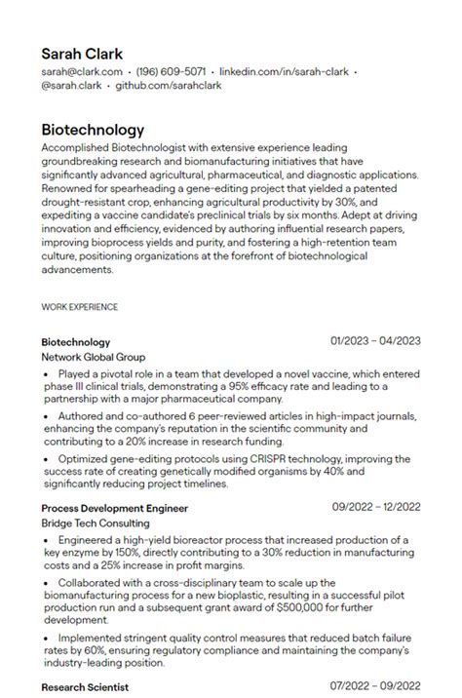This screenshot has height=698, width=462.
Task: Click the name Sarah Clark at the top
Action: pos(82,53)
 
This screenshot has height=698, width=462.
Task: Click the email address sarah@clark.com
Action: pos(82,72)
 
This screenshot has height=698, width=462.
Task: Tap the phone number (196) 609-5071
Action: pos(171,72)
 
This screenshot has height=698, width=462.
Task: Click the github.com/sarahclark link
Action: pos(169,86)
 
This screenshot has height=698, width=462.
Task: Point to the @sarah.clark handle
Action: pos(71,86)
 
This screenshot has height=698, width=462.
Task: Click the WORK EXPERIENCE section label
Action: pos(80,307)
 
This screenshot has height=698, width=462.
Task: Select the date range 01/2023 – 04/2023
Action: pos(375,341)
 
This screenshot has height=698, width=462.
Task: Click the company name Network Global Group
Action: pos(93,357)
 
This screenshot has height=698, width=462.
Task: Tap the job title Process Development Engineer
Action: pos(114,508)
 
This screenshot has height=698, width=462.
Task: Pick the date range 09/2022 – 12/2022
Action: pos(375,507)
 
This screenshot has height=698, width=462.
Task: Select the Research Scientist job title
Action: pos(86,687)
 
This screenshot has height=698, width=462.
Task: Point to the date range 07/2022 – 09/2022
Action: pos(375,686)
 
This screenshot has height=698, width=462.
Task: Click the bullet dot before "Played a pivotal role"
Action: pos(49,373)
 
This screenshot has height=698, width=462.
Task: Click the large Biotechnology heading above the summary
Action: pos(93,130)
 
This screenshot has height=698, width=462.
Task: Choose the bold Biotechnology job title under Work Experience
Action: pos(75,342)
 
